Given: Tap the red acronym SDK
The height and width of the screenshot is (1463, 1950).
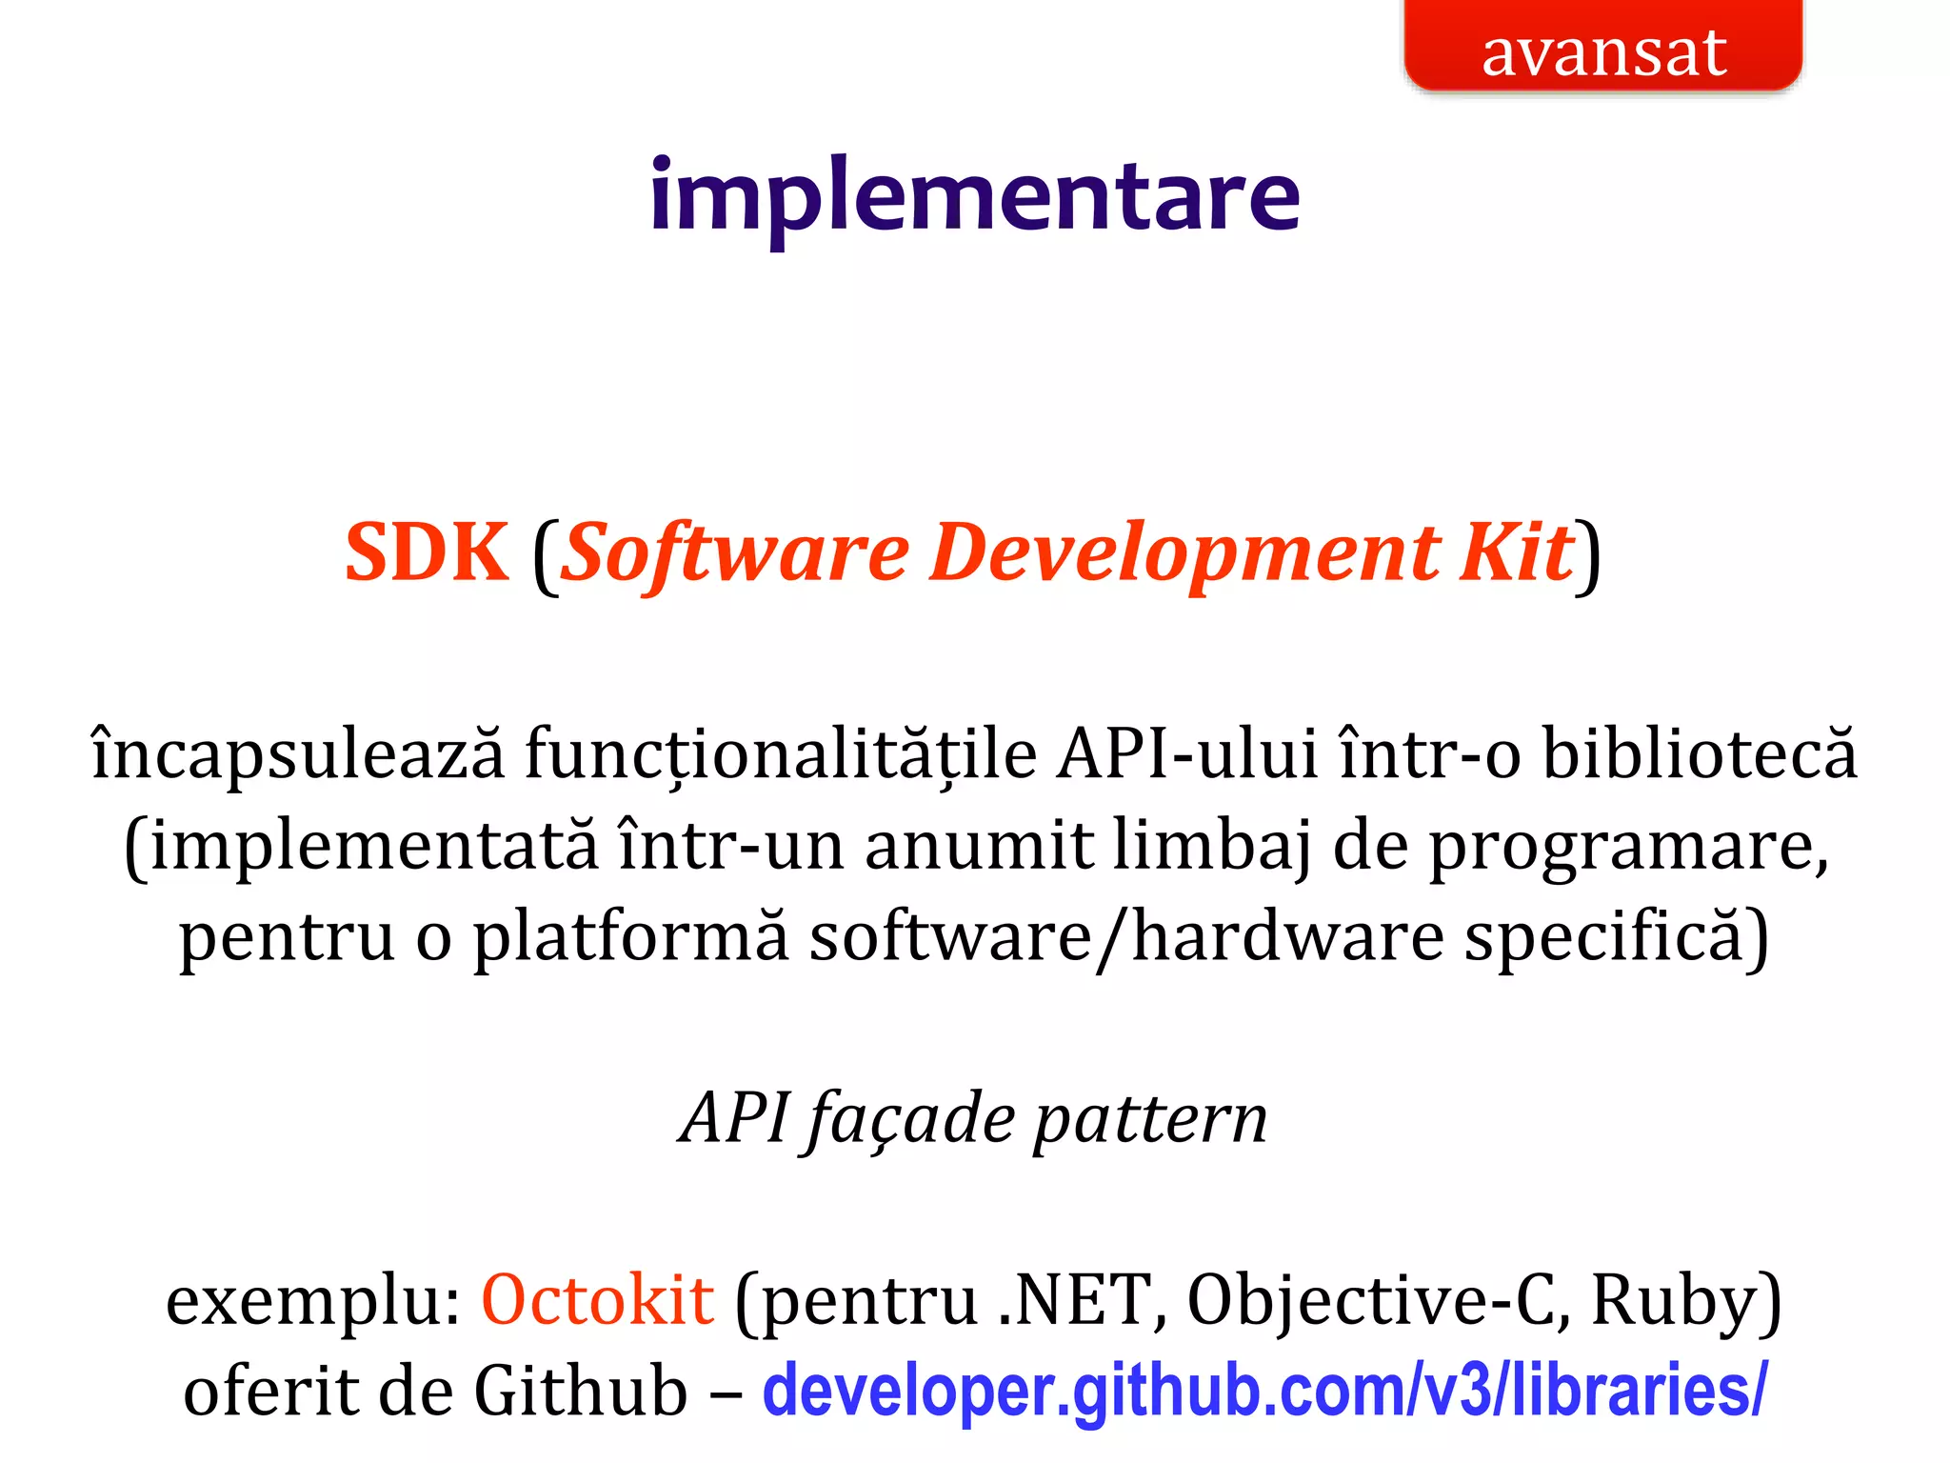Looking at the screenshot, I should pyautogui.click(x=426, y=552).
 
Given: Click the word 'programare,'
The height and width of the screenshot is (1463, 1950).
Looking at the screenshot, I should pyautogui.click(x=1628, y=846).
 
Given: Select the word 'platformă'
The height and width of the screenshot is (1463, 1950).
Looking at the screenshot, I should pyautogui.click(x=631, y=937).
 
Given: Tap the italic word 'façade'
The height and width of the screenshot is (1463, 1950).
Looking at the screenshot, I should pyautogui.click(x=911, y=1118).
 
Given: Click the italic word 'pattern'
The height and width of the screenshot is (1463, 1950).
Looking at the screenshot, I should pyautogui.click(x=1150, y=1118).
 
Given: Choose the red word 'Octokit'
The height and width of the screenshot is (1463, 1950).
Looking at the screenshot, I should pyautogui.click(x=598, y=1300).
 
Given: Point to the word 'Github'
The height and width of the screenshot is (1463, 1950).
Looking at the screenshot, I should pyautogui.click(x=581, y=1392).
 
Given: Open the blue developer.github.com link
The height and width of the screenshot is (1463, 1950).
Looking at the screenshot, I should pyautogui.click(x=1264, y=1392).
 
